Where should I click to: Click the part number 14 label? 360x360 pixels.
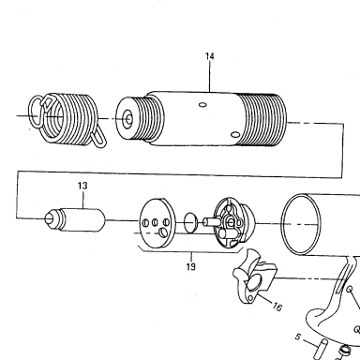click(210, 56)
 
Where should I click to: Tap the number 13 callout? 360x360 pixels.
click(82, 186)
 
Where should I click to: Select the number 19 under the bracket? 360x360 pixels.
click(190, 266)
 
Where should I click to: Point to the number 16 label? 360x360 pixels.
click(277, 307)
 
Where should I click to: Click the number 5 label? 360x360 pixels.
click(298, 337)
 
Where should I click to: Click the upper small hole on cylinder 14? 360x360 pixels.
click(202, 105)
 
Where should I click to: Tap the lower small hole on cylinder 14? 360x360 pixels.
click(235, 135)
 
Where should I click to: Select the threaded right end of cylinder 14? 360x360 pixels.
click(262, 120)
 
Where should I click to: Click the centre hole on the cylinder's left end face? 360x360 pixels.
click(128, 119)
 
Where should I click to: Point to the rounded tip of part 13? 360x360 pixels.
click(50, 218)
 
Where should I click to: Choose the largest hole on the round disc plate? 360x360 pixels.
click(163, 232)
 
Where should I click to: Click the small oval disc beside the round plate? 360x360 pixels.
click(190, 222)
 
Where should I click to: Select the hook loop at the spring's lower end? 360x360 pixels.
click(98, 139)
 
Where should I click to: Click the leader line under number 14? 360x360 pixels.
click(210, 77)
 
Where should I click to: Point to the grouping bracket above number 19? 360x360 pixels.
click(190, 250)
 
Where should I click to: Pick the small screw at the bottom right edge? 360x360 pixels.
click(344, 350)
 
